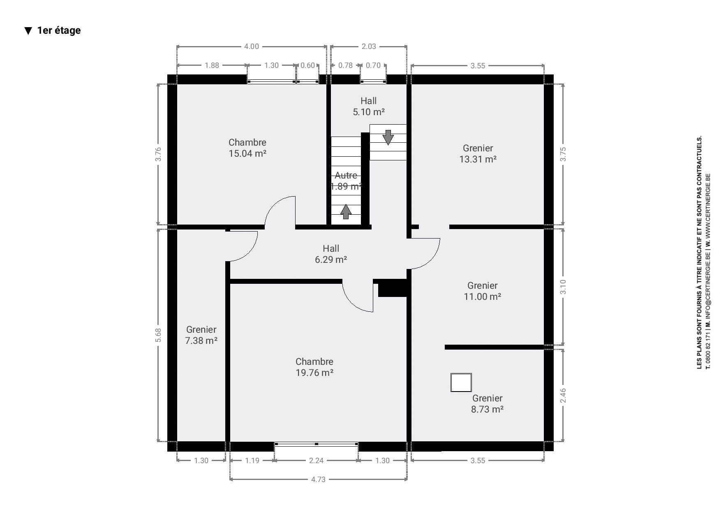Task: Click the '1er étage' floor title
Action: [x=59, y=30]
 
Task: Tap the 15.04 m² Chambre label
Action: [x=247, y=148]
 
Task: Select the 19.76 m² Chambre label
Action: [x=314, y=367]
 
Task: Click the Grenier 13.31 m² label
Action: [x=478, y=154]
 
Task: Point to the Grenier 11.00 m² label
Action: [x=483, y=291]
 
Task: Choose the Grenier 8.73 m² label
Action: [x=488, y=404]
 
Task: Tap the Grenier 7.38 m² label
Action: [x=201, y=335]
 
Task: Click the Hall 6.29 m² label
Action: [x=331, y=254]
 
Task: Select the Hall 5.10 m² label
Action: [x=369, y=107]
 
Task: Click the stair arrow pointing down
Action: [x=388, y=137]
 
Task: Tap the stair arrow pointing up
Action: [x=346, y=211]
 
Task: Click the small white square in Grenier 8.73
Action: [x=461, y=382]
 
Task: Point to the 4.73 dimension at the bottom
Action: [x=319, y=479]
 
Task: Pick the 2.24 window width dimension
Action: [x=316, y=460]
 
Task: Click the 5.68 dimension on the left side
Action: [x=159, y=335]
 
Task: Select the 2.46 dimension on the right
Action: [x=563, y=396]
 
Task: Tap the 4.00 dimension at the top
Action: [x=252, y=46]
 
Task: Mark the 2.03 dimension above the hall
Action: [x=369, y=46]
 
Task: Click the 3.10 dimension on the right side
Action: [x=563, y=287]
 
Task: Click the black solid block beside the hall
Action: [x=393, y=288]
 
